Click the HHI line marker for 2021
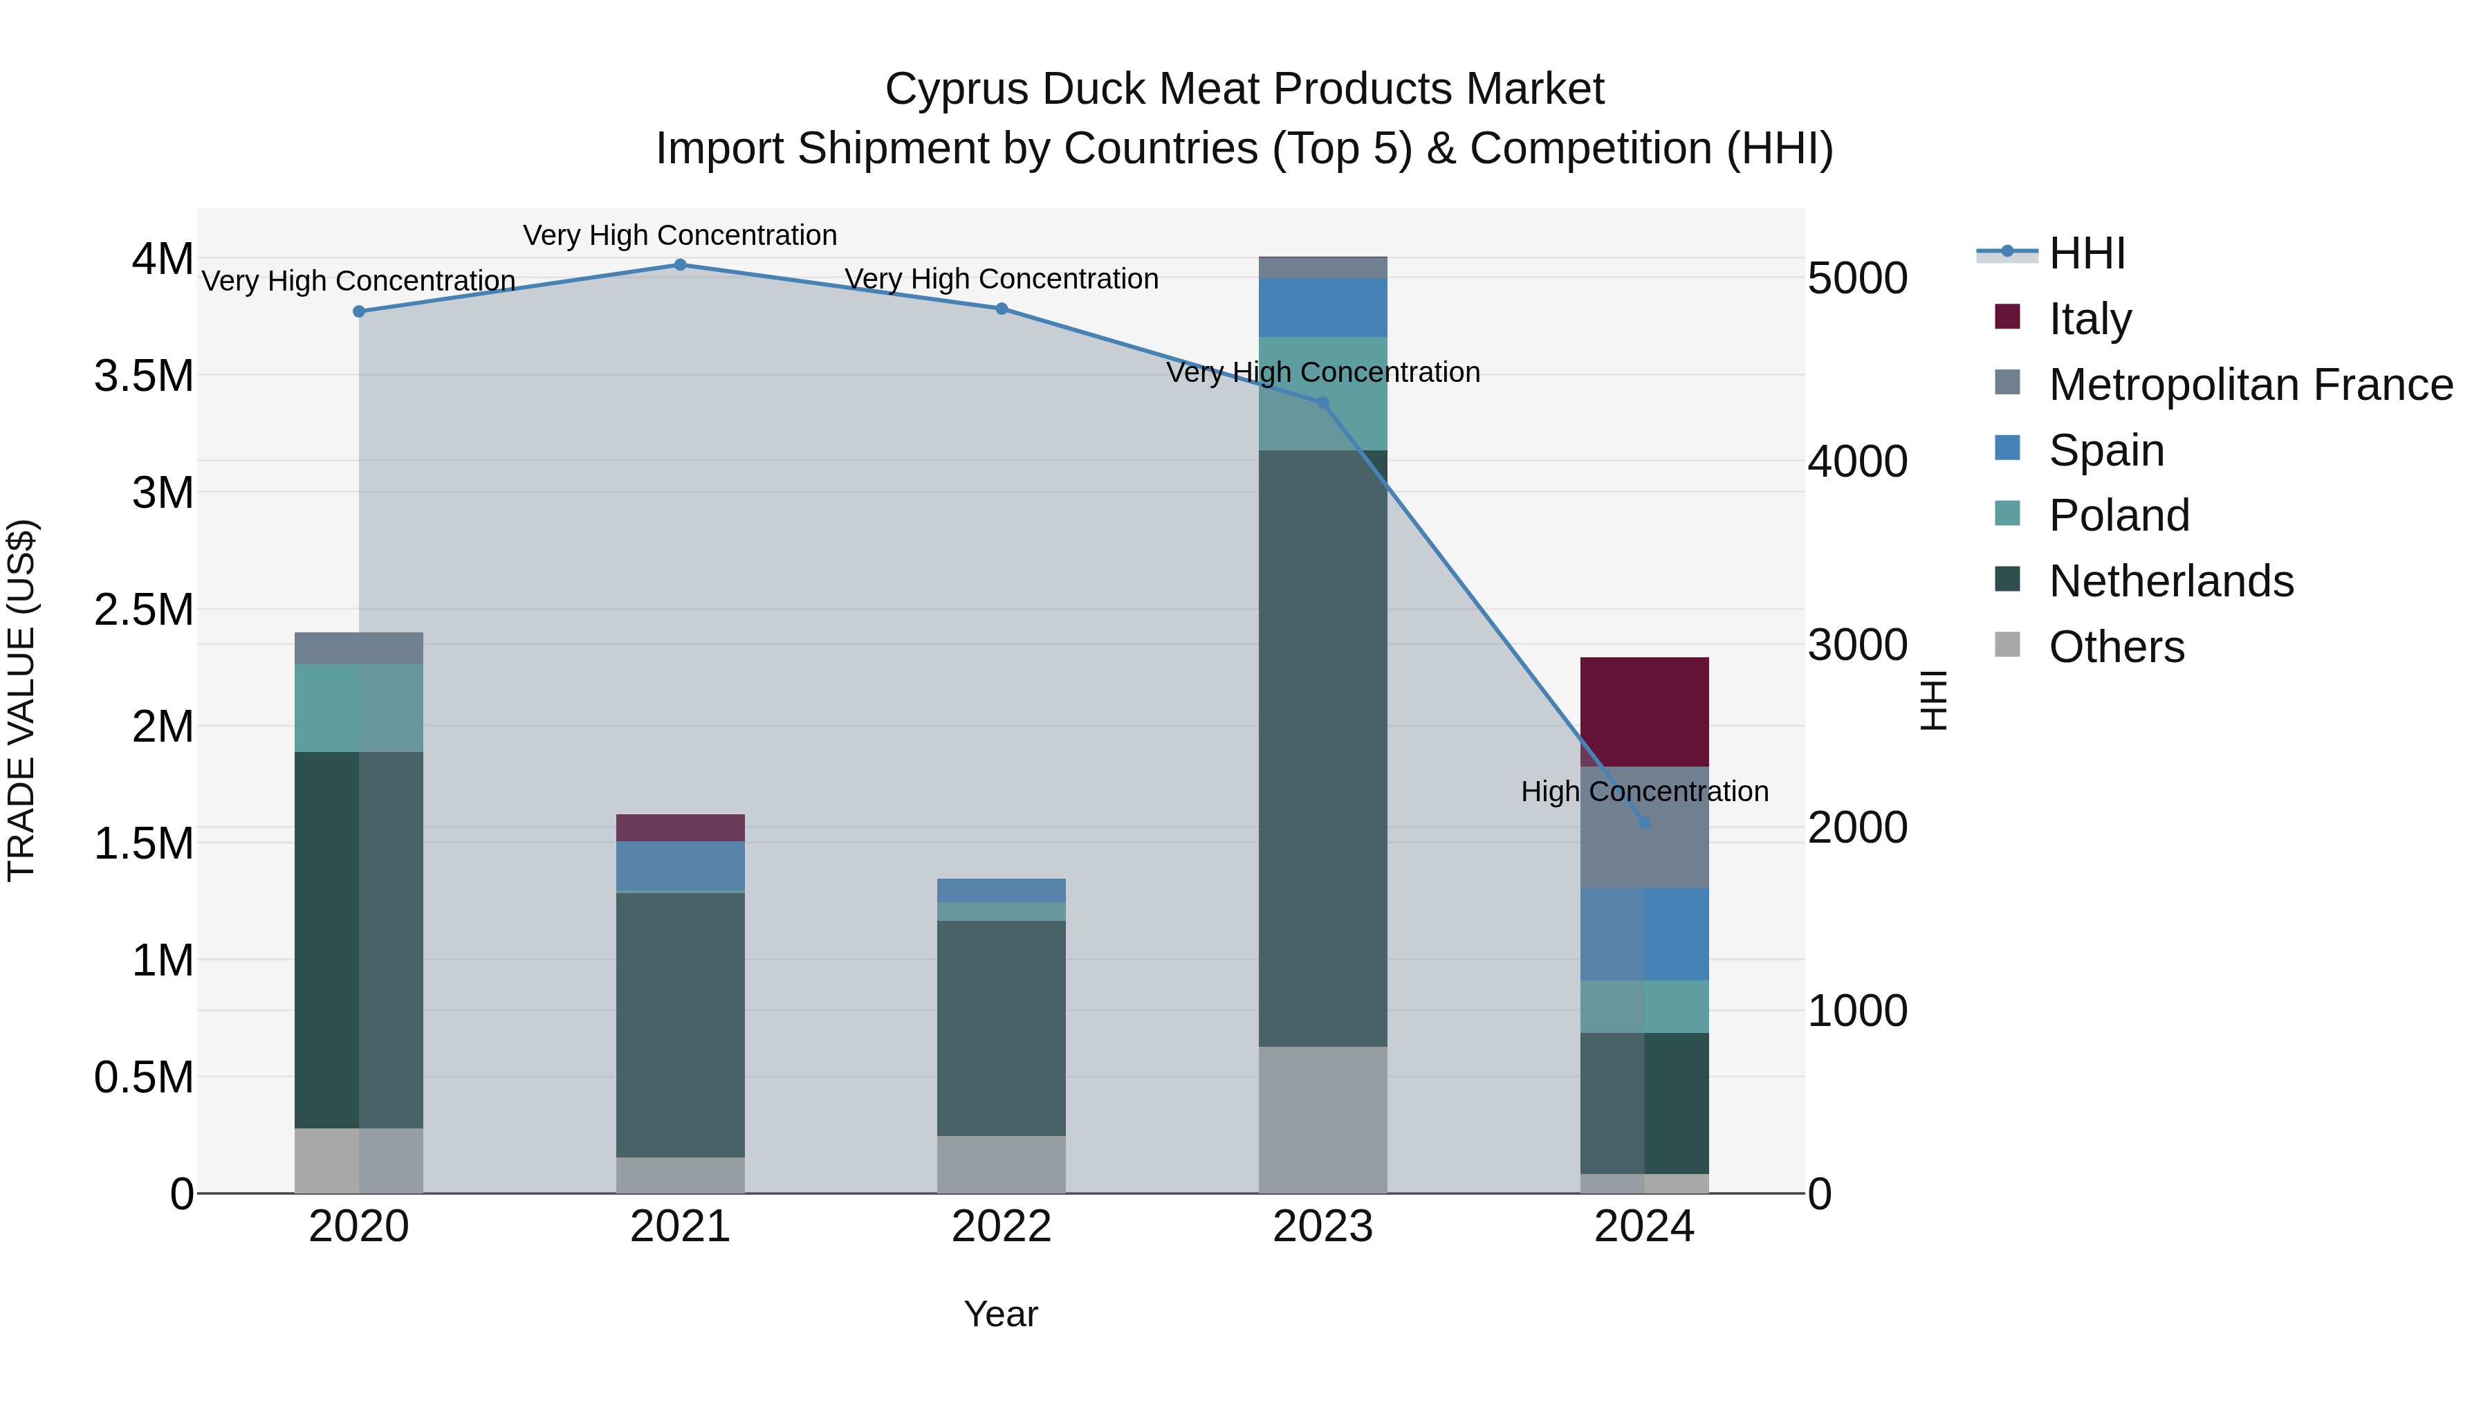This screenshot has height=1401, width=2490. point(679,265)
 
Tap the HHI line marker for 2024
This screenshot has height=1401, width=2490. point(1644,823)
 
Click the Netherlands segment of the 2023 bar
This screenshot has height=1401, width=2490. point(1322,747)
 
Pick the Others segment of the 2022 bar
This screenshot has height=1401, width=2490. point(1002,1164)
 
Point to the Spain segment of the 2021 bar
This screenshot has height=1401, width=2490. point(681,866)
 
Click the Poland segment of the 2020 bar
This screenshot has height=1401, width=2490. point(358,708)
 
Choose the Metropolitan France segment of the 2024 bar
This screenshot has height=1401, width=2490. point(1644,851)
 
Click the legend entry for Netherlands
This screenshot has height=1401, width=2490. point(2170,581)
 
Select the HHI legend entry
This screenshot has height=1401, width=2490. point(2086,253)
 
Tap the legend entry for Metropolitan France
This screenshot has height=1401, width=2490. point(2250,385)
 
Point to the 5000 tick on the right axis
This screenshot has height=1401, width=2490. point(1857,278)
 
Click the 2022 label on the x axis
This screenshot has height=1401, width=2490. point(1002,1227)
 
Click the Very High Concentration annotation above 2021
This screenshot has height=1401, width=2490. point(679,235)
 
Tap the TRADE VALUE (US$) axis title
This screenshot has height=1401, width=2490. point(22,700)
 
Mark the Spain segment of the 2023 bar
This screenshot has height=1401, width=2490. point(1322,307)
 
